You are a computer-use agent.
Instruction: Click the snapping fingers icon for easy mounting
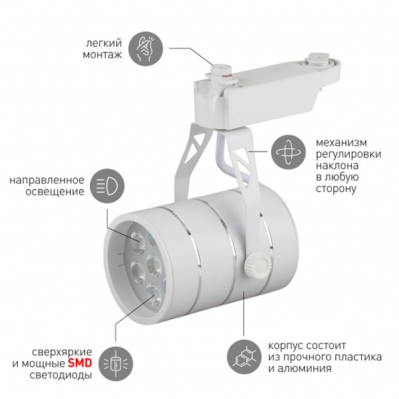145,49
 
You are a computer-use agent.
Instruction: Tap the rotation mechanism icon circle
288,152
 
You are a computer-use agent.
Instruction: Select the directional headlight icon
107,186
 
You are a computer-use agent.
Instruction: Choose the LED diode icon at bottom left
116,363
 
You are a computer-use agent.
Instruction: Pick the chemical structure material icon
244,357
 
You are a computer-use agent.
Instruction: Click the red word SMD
80,363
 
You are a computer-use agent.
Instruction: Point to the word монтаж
102,55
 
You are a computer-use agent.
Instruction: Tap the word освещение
55,192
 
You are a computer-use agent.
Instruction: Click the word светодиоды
61,375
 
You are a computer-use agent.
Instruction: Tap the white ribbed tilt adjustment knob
257,265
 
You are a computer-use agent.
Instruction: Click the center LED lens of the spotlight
154,265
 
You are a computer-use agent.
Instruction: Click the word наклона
337,166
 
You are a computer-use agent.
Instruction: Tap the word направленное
47,180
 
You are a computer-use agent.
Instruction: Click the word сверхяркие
62,352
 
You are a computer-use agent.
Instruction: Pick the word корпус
285,346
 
